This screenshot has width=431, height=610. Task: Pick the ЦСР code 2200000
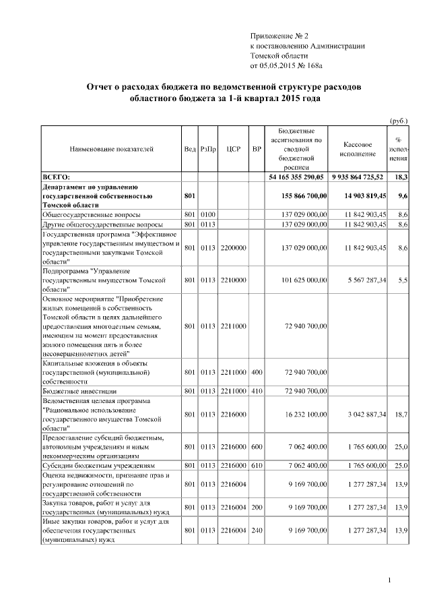pos(233,248)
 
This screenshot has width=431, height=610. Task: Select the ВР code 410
pos(257,390)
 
